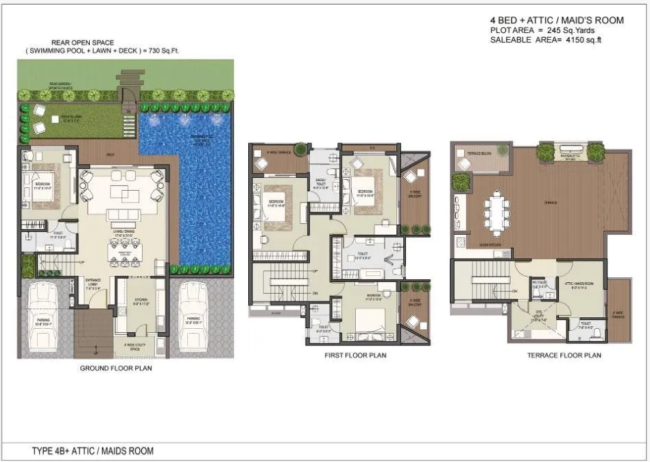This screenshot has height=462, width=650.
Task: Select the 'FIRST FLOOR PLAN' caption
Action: point(355,356)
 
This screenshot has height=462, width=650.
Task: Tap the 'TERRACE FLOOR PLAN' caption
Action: point(564,356)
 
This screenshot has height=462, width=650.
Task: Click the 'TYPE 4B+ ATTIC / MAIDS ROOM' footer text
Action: point(93,451)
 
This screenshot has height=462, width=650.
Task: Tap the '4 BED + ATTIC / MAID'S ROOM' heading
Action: point(557,21)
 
